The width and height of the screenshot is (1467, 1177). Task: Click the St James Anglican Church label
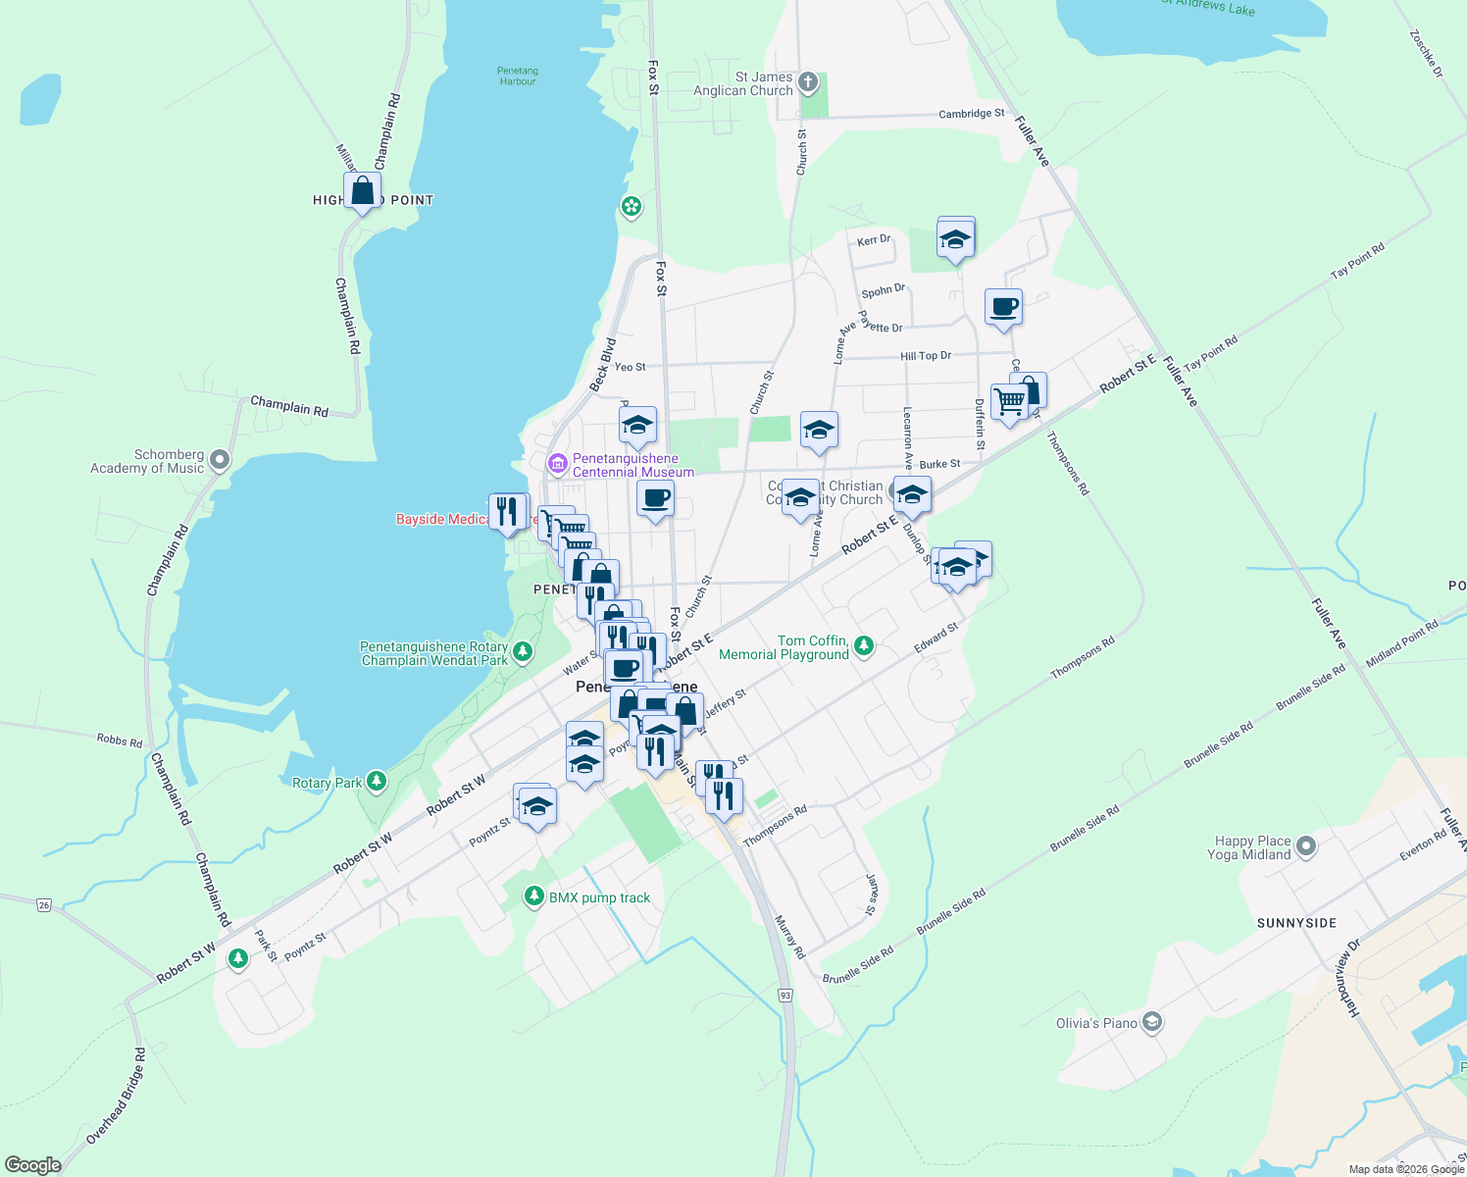pos(743,83)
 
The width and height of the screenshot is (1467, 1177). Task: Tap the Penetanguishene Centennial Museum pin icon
pos(557,463)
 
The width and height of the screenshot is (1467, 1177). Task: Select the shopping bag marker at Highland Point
pos(362,190)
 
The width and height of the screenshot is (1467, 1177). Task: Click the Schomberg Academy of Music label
pos(147,461)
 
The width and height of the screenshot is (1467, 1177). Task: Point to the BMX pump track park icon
pos(533,896)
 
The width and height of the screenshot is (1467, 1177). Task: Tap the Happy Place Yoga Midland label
pos(1252,847)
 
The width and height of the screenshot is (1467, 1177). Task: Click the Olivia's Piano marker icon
pos(1152,1023)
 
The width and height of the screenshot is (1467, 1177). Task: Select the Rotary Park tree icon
pos(377,782)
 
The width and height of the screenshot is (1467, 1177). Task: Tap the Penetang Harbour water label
pos(518,77)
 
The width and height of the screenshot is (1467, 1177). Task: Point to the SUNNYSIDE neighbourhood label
pos(1296,923)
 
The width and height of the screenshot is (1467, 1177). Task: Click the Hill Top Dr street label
pos(926,356)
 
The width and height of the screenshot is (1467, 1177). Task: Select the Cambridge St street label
pos(971,114)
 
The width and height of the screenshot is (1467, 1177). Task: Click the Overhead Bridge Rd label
pos(116,1097)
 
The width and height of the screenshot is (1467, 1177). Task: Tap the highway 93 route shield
pos(785,995)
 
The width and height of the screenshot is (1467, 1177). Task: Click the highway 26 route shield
pos(44,904)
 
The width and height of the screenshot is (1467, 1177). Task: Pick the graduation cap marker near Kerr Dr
pos(955,238)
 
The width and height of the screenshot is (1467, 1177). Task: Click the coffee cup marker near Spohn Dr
pos(1003,307)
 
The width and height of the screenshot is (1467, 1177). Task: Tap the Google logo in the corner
pos(32,1164)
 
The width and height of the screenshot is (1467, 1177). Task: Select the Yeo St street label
pos(630,367)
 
